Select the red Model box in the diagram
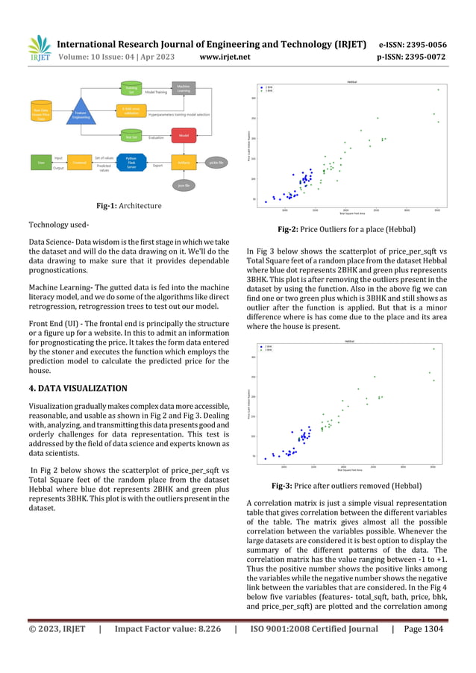coord(184,137)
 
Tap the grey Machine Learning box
coord(184,90)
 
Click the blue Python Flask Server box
coord(131,162)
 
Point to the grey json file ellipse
coord(184,185)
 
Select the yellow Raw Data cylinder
coord(40,113)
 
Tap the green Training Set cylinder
coord(131,90)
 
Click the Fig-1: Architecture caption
coord(129,205)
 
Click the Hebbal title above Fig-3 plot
coord(349,341)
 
